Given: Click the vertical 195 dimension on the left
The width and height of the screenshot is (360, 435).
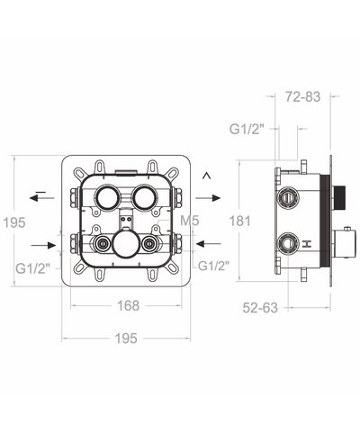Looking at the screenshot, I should point(13,222).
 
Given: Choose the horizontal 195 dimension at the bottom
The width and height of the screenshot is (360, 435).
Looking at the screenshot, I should point(125,338).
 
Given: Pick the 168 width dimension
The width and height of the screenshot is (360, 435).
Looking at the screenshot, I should point(127,305).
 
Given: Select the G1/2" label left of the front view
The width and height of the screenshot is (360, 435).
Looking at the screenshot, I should point(33,266).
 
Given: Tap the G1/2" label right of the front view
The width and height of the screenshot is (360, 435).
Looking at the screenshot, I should point(214,266).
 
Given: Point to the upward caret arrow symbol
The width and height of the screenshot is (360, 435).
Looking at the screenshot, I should point(207,175).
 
